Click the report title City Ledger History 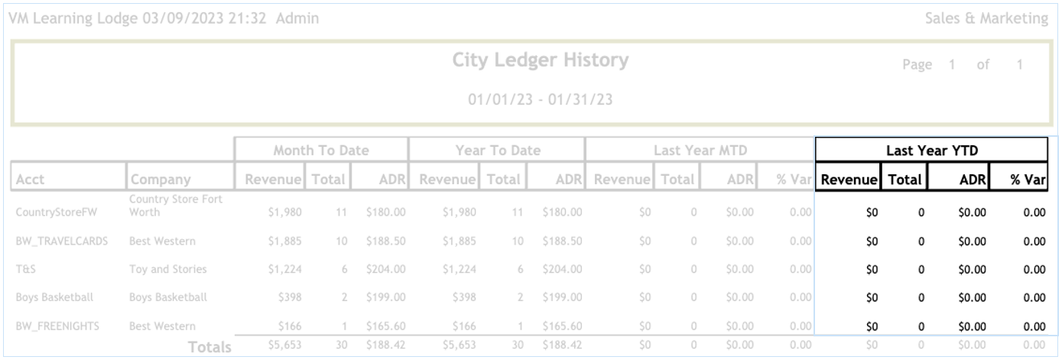tap(540, 60)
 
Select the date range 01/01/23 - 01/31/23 tap(540, 99)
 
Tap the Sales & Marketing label tap(986, 18)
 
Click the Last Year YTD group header tap(931, 151)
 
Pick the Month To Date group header tap(321, 151)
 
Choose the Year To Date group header tap(498, 151)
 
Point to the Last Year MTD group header tap(700, 151)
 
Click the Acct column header tap(30, 180)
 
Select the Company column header tap(160, 180)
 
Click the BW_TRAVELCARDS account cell tap(62, 242)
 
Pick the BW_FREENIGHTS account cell tap(57, 326)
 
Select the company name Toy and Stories tap(167, 269)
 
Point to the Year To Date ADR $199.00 tap(562, 297)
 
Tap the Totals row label tap(209, 347)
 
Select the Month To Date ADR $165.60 tap(385, 326)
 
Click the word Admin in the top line tap(297, 18)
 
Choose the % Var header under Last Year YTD tap(1028, 180)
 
